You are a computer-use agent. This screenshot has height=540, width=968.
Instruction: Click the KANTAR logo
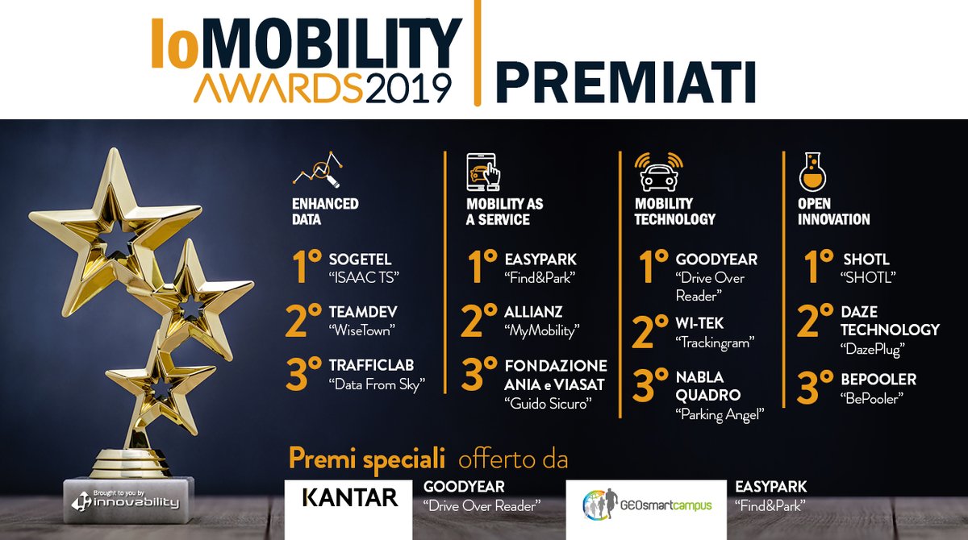(349, 497)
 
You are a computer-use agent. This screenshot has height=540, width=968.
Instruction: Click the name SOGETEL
(360, 260)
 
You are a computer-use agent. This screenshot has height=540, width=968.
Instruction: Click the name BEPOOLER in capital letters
(879, 379)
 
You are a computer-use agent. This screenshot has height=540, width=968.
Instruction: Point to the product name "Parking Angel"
(720, 414)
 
